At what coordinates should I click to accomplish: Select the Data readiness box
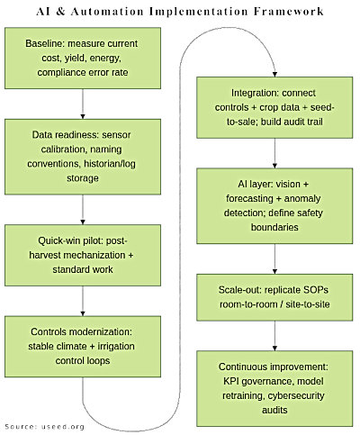click(x=83, y=157)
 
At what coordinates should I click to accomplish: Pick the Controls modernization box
click(x=83, y=346)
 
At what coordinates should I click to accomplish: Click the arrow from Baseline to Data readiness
click(x=83, y=109)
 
